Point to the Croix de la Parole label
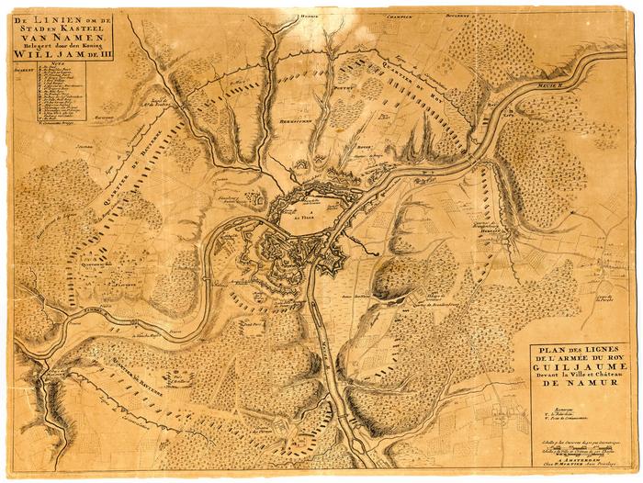pos(601,299)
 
